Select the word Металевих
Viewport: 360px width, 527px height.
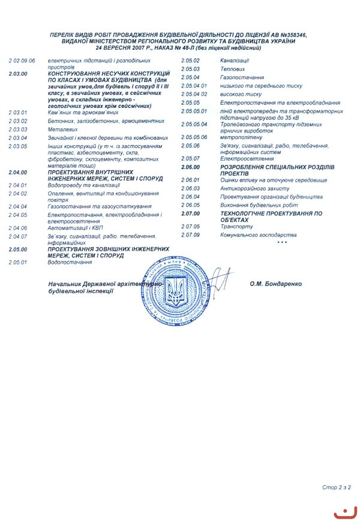[63, 129]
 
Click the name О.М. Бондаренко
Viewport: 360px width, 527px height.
[276, 284]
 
